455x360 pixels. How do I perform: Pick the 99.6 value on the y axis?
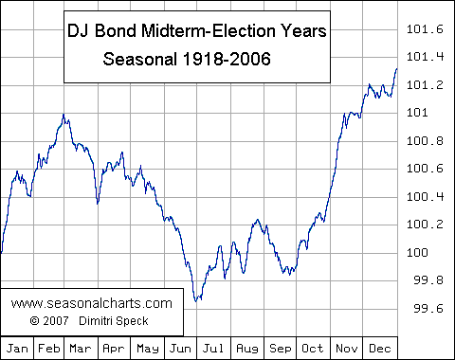tap(425, 309)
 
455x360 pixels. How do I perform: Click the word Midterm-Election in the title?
tap(221, 31)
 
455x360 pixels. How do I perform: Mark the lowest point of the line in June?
tap(196, 301)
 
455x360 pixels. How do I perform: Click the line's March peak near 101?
tap(63, 115)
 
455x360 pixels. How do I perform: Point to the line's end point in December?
tap(396, 68)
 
